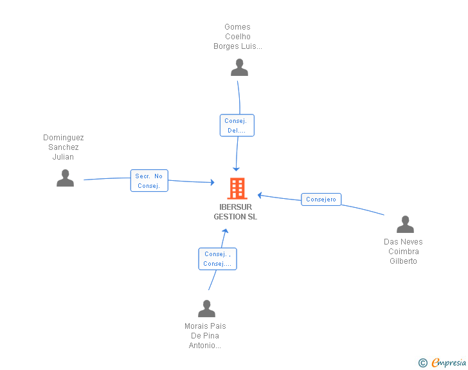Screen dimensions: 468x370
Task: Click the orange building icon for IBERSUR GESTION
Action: [237, 189]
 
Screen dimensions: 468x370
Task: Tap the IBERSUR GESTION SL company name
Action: [235, 212]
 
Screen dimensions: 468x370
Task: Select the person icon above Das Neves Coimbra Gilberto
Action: [405, 224]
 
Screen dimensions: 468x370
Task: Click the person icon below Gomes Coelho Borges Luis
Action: [239, 68]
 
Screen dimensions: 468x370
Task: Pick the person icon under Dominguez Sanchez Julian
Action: [65, 178]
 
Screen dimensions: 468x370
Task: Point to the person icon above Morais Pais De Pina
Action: [206, 308]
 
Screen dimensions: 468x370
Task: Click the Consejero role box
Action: [321, 199]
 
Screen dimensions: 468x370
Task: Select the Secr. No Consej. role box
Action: [149, 181]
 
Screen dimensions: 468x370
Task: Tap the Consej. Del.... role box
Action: [237, 125]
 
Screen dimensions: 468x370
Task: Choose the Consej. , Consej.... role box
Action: [217, 259]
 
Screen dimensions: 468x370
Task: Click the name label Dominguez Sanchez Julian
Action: [63, 147]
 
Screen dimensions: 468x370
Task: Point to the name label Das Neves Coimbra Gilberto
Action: [403, 252]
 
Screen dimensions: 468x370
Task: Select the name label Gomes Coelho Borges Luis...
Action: [238, 37]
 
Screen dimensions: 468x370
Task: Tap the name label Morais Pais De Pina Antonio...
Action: [205, 336]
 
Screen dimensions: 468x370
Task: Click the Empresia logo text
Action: [449, 362]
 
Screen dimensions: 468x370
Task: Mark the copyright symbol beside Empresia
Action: [422, 363]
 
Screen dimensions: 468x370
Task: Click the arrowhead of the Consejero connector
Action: [260, 196]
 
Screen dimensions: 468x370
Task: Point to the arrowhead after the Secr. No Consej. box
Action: [213, 182]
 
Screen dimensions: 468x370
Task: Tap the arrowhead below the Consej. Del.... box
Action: [236, 169]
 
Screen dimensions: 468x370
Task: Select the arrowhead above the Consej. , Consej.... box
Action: [226, 231]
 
